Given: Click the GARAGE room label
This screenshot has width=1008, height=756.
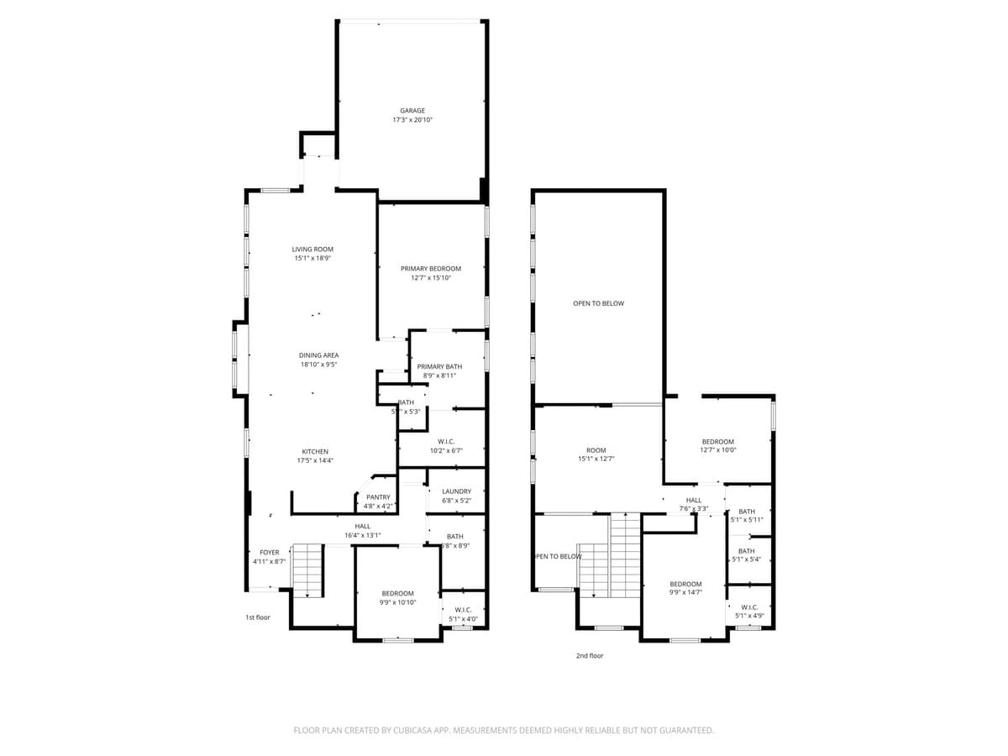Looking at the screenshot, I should (x=412, y=111).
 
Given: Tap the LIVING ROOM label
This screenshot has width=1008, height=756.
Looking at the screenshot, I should (x=312, y=249).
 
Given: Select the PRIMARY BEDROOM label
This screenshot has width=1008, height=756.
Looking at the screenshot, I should (x=430, y=268).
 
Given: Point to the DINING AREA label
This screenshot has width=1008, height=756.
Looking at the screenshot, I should (x=318, y=355).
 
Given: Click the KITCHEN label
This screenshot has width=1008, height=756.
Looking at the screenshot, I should (x=315, y=451).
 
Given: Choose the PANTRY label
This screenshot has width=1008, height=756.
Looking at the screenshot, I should (x=378, y=497).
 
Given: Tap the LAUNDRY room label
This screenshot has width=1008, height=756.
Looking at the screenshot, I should (x=456, y=491).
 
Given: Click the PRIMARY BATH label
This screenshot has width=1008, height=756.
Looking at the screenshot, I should (x=439, y=366).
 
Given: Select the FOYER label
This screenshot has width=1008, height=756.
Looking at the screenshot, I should (x=269, y=552).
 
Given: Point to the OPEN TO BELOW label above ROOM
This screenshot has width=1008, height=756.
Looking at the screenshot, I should (x=598, y=303).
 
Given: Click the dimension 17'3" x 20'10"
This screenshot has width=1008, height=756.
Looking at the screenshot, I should (x=412, y=120).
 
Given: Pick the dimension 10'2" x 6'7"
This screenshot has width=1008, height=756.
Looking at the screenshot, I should (x=446, y=450).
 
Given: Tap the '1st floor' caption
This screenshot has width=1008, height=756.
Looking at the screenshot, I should (x=258, y=617).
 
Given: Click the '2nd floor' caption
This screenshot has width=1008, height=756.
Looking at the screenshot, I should (x=590, y=656).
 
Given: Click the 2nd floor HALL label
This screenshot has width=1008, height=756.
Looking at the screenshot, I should (x=693, y=500).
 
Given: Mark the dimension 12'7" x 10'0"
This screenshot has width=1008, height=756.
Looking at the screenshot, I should (x=717, y=450).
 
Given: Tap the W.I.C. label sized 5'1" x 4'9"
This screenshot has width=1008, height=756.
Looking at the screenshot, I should (x=749, y=606).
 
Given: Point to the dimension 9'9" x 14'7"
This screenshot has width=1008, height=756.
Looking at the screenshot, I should (x=685, y=593).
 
